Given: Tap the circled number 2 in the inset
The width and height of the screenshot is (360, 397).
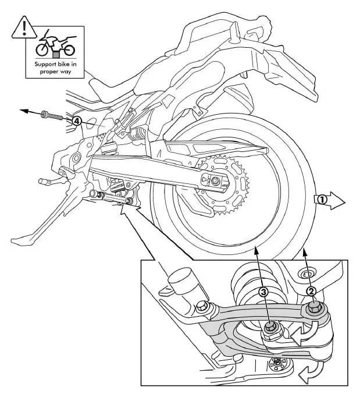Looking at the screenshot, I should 311,291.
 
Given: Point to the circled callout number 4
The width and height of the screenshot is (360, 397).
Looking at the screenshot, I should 76,121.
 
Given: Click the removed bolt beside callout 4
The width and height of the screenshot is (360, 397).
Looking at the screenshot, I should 54,116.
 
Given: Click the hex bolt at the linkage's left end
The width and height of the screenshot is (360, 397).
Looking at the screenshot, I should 203,306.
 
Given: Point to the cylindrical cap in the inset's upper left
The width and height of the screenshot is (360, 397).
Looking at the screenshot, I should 181,281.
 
